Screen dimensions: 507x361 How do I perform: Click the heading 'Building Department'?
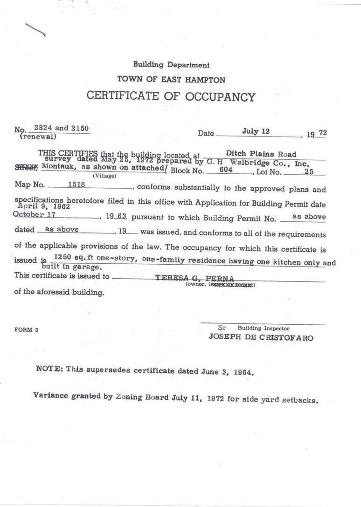tap(171, 65)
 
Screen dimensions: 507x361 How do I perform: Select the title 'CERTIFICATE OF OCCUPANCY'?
tap(171, 96)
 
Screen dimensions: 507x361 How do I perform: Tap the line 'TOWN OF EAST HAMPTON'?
tap(171, 79)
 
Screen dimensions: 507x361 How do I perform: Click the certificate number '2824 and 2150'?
tap(62, 128)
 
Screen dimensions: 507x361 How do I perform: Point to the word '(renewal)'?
tap(37, 137)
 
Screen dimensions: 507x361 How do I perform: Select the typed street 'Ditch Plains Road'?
tap(261, 154)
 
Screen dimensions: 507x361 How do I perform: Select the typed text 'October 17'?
tap(35, 214)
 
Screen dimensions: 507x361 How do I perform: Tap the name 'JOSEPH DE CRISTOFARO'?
tap(261, 338)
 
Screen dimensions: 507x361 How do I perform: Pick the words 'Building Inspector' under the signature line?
tap(263, 329)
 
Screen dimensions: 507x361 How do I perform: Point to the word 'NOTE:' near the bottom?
tap(49, 368)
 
